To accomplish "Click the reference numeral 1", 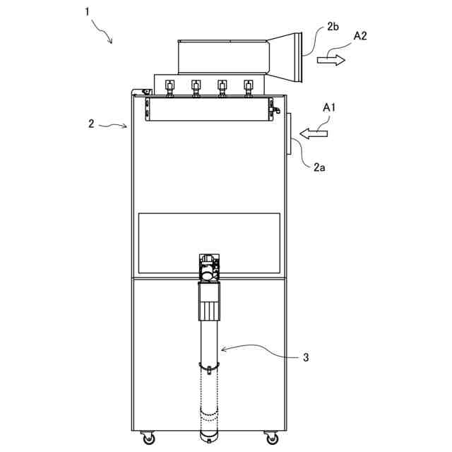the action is (x=88, y=13).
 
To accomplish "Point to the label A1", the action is (x=330, y=108).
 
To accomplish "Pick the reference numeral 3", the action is (x=306, y=357).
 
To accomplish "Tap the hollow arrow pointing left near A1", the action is (x=314, y=132).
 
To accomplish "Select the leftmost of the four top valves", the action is (x=169, y=88).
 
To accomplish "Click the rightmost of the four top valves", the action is (x=248, y=88).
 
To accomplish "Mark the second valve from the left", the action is (x=196, y=88).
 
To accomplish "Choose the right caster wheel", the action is (x=271, y=436).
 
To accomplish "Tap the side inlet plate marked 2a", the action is (x=290, y=134).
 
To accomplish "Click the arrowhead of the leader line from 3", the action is (x=221, y=348).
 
